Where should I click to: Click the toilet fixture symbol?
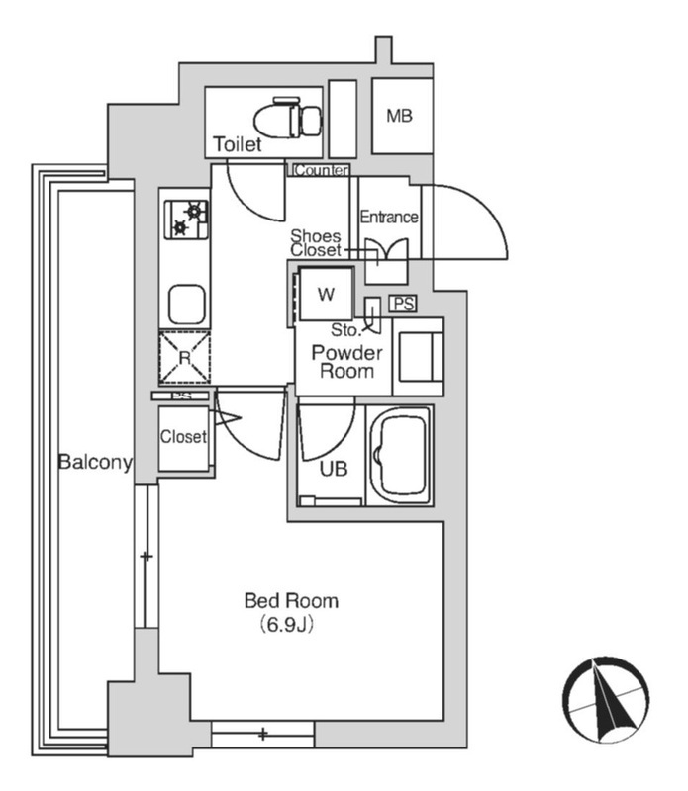tap(288, 118)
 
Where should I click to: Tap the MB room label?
tap(399, 116)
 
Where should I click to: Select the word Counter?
tap(322, 170)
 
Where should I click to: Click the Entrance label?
tap(389, 217)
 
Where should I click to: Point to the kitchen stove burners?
tap(186, 220)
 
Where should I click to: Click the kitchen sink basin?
tap(186, 305)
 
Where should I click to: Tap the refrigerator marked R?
tap(185, 357)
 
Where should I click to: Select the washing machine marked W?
tap(326, 294)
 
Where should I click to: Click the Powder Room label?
tap(346, 362)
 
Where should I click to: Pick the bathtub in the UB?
tap(400, 457)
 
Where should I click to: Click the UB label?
tap(334, 469)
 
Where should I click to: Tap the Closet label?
tap(183, 436)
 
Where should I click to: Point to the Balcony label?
tap(95, 462)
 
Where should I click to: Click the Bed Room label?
tap(291, 601)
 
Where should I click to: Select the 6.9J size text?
tap(287, 625)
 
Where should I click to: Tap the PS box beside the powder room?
tap(403, 304)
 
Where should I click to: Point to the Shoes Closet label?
tap(316, 242)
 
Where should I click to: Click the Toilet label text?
tap(238, 144)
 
